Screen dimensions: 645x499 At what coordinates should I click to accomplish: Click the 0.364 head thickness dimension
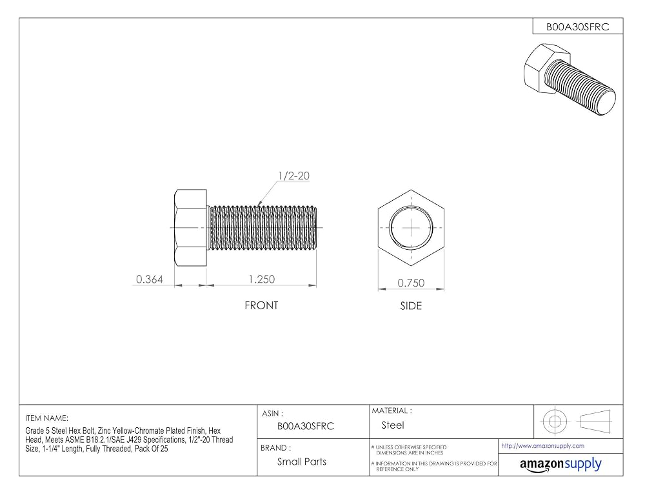(x=150, y=279)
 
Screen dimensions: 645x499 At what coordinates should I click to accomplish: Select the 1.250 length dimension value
(x=262, y=279)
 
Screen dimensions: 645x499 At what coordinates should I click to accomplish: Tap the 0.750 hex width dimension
(x=411, y=283)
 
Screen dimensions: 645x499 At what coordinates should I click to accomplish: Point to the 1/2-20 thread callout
(x=293, y=176)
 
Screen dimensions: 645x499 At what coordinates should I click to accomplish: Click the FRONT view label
(x=261, y=305)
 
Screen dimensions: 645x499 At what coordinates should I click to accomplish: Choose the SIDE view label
(x=411, y=306)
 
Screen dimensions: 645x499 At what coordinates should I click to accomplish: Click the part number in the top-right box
(x=577, y=26)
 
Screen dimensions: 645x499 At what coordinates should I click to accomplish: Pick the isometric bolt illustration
(x=570, y=79)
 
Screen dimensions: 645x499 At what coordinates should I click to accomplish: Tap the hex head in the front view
(x=190, y=227)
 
